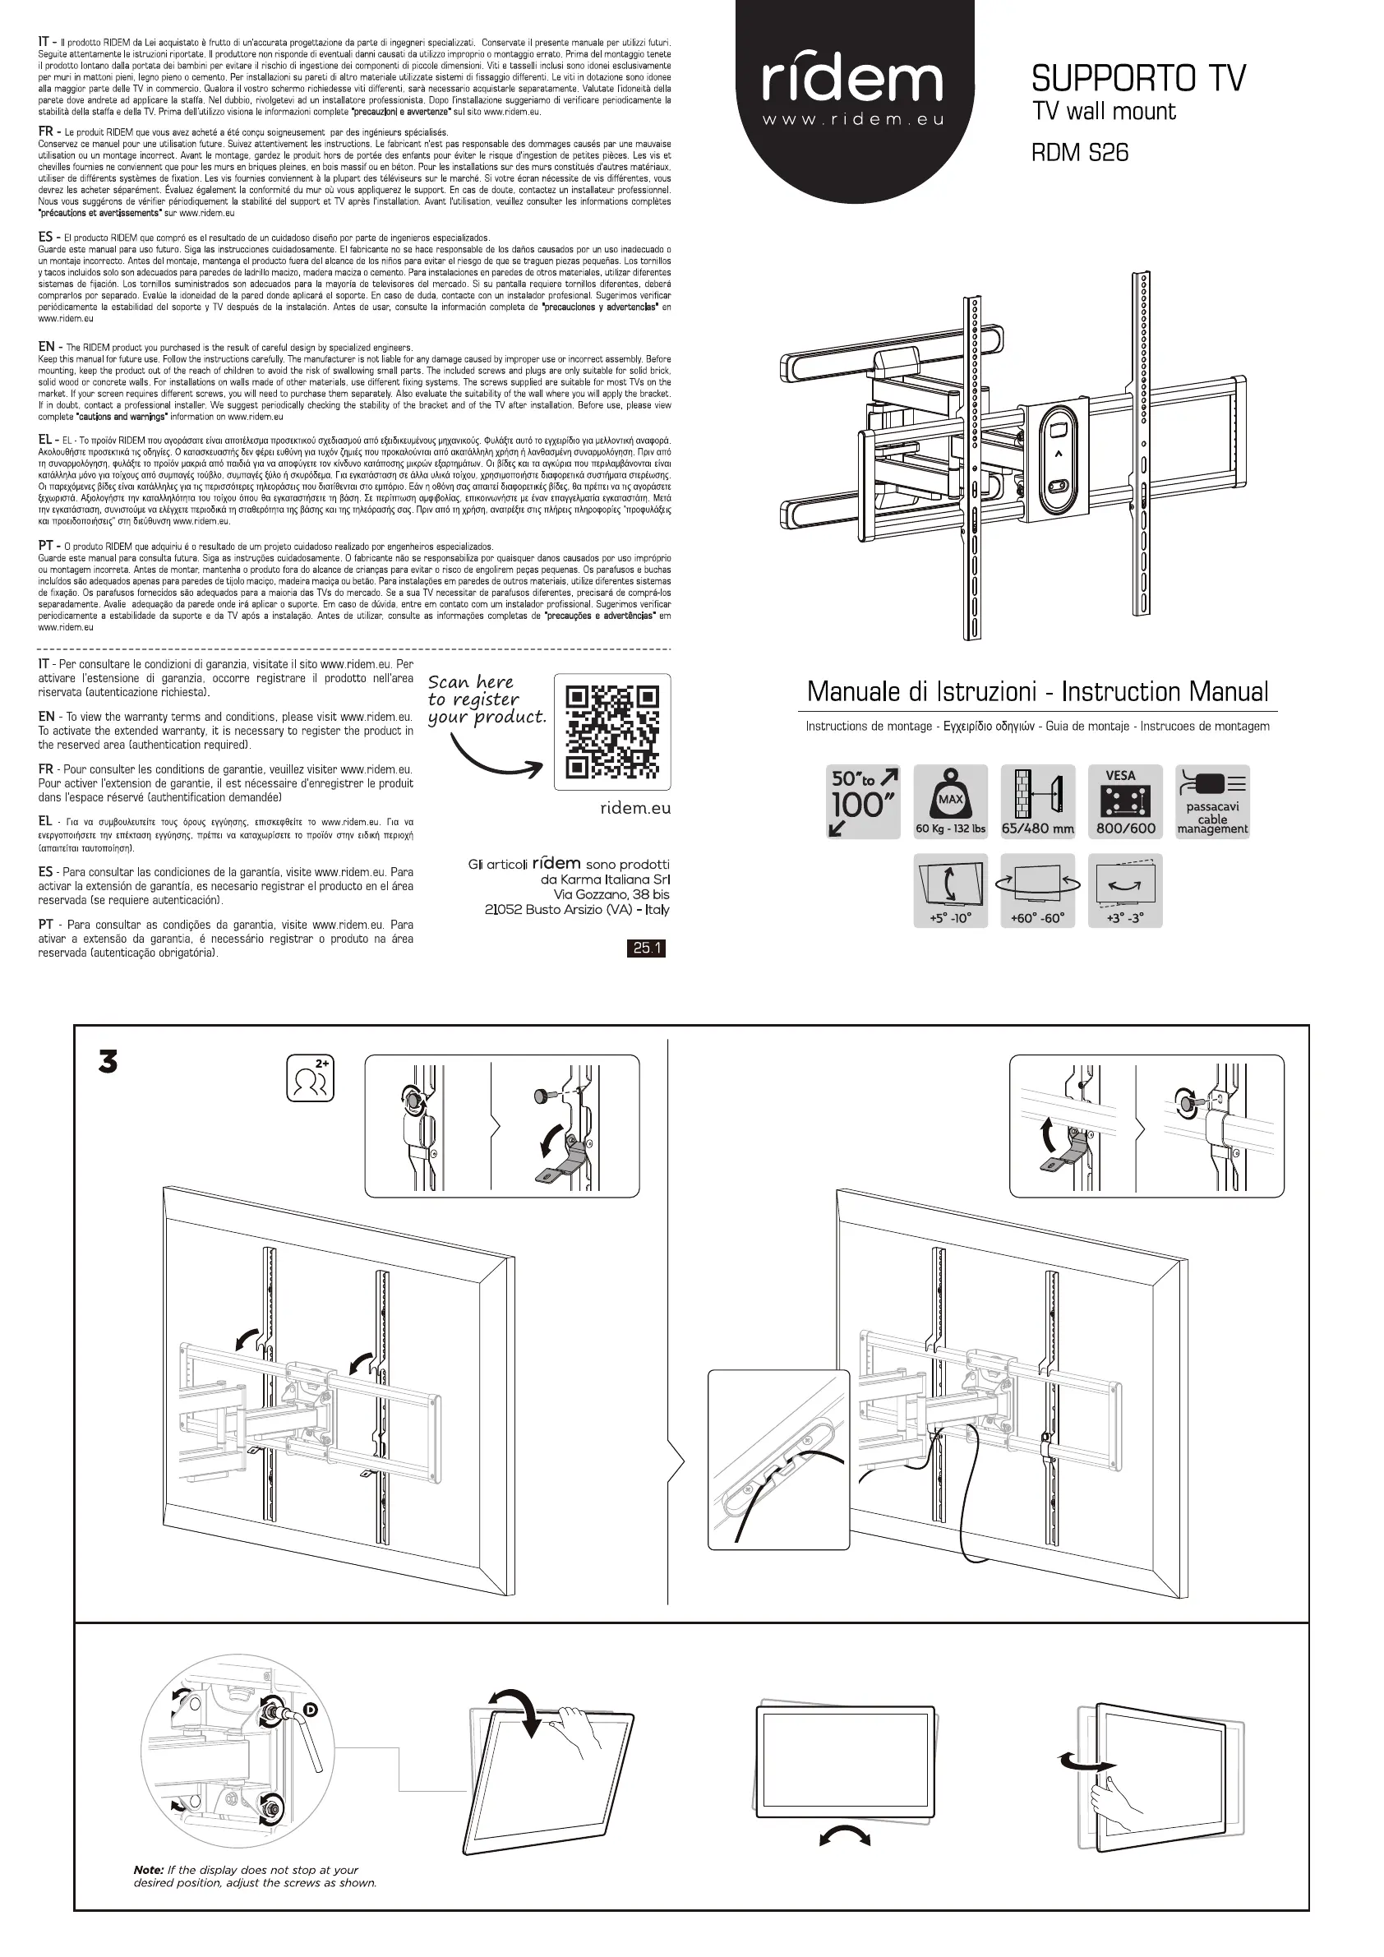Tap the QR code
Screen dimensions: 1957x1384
pos(612,732)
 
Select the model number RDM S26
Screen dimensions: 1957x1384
pos(1080,153)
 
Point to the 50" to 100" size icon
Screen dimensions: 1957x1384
pos(863,802)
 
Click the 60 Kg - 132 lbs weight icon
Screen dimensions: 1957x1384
pos(950,802)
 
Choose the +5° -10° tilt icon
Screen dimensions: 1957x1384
pos(950,890)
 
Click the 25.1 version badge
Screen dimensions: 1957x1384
pos(646,948)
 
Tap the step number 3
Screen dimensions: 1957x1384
pos(108,1063)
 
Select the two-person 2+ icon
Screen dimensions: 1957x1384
pos(310,1079)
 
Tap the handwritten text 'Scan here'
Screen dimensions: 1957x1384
pos(470,682)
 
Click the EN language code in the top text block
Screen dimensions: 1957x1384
pos(46,347)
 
